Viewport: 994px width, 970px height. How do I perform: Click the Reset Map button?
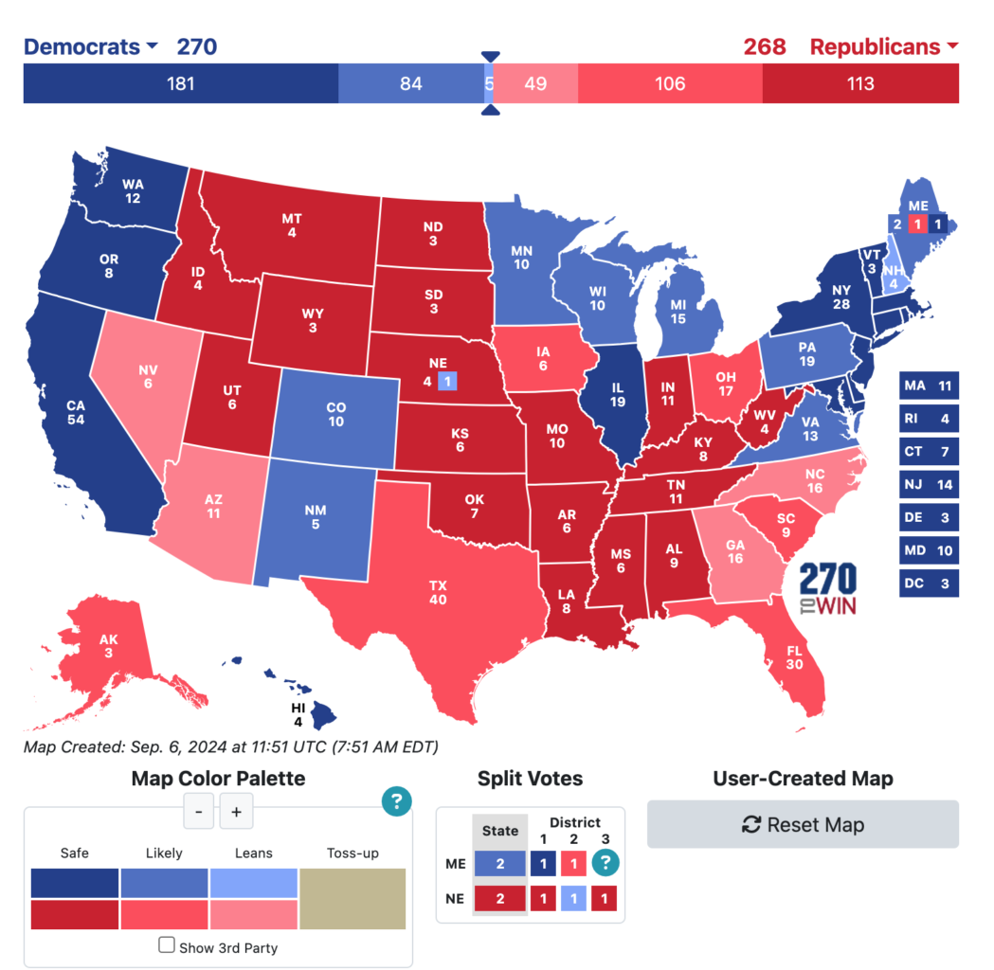pos(803,824)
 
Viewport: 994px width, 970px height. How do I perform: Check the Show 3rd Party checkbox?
pos(167,944)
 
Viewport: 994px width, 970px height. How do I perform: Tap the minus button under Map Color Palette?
pos(198,812)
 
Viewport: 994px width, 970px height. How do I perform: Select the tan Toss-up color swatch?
pos(352,899)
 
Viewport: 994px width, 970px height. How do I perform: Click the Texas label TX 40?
pos(438,592)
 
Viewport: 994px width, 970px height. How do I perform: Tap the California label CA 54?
pos(76,412)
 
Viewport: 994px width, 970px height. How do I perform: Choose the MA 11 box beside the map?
pos(928,386)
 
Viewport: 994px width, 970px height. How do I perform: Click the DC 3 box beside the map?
pos(928,584)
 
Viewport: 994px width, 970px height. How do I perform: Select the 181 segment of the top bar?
pos(180,83)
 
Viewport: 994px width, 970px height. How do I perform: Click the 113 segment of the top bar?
pos(859,83)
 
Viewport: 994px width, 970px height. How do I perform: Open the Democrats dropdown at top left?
pos(92,46)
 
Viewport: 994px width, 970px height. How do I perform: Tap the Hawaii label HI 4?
pos(298,714)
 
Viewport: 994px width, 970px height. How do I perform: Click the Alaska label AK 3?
pos(109,645)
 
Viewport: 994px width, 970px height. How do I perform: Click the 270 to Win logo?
pos(828,589)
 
